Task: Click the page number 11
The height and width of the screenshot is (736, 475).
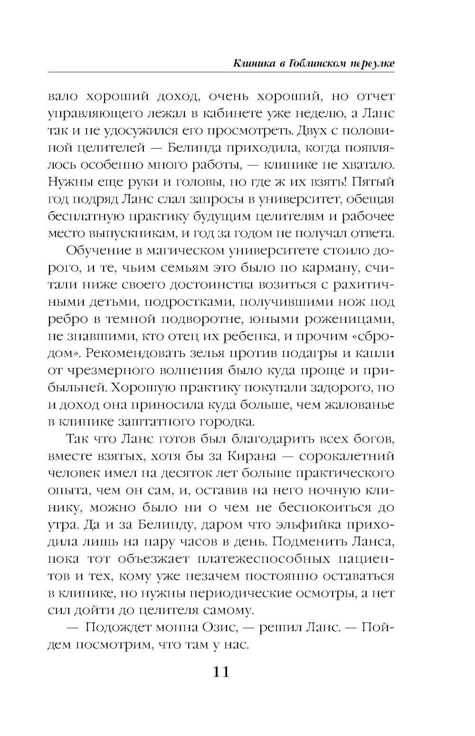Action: [221, 672]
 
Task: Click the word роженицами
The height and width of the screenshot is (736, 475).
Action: [351, 319]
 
